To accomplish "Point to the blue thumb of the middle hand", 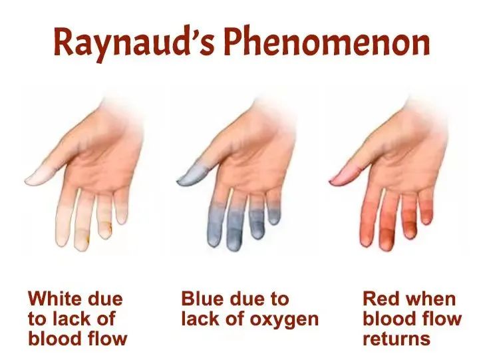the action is point(193,175).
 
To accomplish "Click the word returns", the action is point(397,339).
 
